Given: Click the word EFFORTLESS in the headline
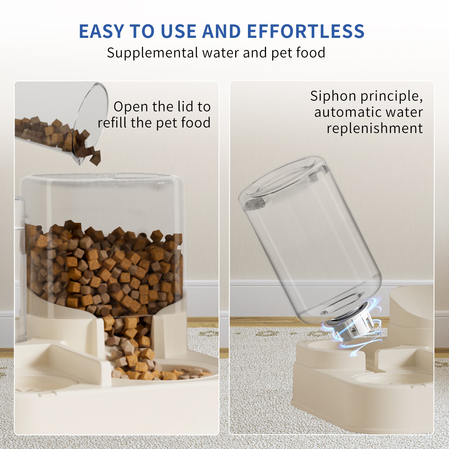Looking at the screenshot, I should [x=306, y=31].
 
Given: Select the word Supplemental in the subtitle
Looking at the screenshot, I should [x=152, y=53].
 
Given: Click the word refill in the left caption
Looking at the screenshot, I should [x=111, y=123].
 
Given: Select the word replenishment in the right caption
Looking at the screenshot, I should [x=375, y=128].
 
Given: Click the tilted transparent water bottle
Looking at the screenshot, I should [x=309, y=239].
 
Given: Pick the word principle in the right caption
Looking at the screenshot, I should [x=391, y=96].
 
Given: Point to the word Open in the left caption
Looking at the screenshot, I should [x=131, y=107].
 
